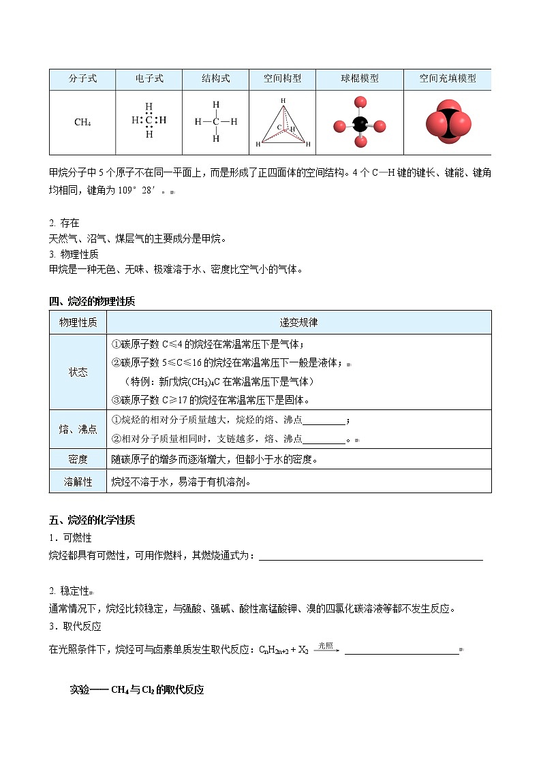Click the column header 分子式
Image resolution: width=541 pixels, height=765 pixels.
tap(82, 78)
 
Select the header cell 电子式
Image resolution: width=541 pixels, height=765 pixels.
tap(149, 78)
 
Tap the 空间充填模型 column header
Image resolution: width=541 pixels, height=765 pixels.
tap(448, 78)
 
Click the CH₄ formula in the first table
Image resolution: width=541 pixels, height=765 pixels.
tap(82, 123)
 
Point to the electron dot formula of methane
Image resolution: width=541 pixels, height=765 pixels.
tap(149, 121)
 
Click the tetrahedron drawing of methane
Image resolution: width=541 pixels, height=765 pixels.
tap(283, 123)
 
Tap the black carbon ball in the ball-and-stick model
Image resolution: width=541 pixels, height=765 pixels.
tap(358, 125)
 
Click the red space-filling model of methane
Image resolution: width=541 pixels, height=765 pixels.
tap(448, 123)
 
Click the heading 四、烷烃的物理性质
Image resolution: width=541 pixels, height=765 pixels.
tap(92, 301)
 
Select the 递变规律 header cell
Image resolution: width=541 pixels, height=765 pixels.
tap(298, 322)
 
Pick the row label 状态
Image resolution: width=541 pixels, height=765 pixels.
tap(78, 372)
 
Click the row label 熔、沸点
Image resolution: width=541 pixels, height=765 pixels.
tap(78, 429)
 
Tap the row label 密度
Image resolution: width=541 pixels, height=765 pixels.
tap(78, 460)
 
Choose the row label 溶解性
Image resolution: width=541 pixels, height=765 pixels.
tap(78, 482)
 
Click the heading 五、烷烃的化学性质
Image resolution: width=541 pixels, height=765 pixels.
tap(92, 520)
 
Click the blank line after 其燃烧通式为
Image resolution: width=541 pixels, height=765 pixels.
tap(371, 558)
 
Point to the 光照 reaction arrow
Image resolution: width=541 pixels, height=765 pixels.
tap(327, 649)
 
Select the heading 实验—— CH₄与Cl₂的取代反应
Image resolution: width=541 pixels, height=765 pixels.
tap(137, 689)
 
